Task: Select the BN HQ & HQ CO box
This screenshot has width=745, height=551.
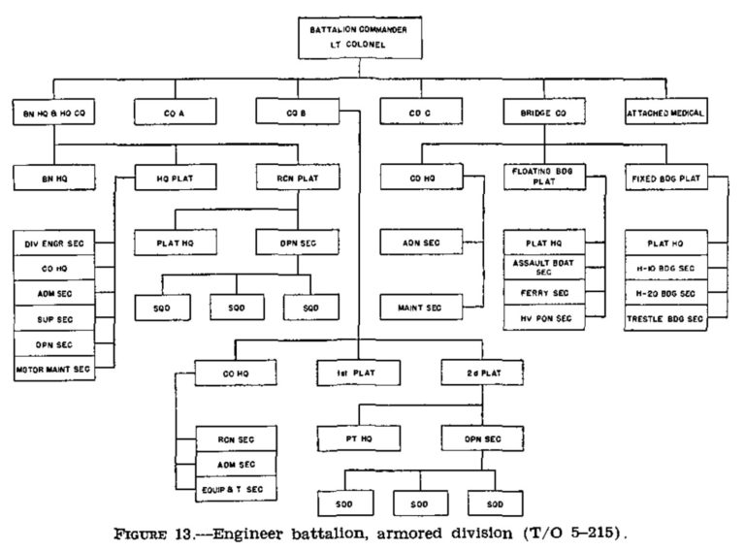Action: click(53, 114)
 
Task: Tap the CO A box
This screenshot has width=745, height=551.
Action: click(174, 114)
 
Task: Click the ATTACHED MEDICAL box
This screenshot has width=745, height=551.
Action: click(665, 114)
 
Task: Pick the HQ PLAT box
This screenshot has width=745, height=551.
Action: click(175, 178)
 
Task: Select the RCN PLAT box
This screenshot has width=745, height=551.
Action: click(296, 178)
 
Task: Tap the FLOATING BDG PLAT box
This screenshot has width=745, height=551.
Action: click(543, 178)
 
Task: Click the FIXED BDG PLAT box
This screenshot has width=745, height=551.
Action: click(666, 178)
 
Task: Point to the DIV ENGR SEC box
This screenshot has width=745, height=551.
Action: click(54, 241)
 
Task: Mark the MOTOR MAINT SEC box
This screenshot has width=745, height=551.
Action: click(54, 369)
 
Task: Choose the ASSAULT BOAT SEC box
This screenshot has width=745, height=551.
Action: click(543, 267)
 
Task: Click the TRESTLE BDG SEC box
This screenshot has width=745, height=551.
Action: click(666, 318)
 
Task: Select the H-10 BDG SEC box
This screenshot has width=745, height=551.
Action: click(666, 268)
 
